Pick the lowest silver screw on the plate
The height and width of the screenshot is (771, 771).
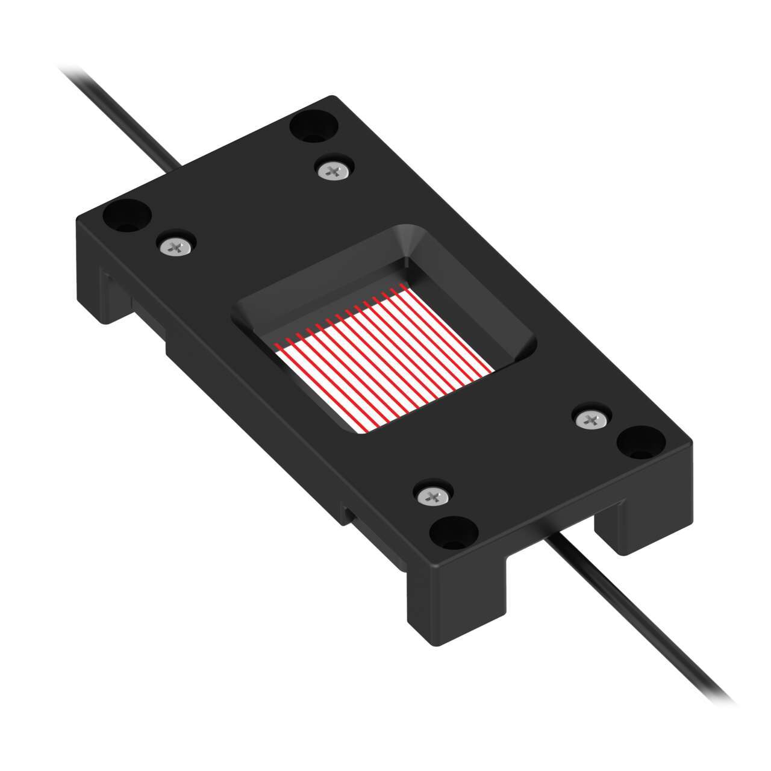coord(432,496)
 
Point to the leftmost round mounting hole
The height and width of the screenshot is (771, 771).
coord(126,214)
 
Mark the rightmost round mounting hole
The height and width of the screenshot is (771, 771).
coord(640,443)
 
